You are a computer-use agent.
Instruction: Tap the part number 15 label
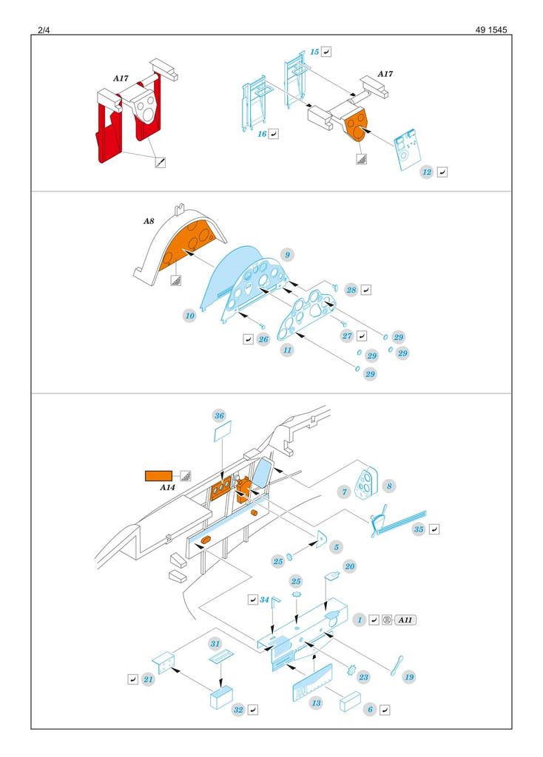coord(314,52)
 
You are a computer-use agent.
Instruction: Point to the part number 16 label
coord(262,134)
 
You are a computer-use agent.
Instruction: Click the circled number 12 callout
coord(426,172)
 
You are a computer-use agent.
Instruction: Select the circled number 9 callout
coord(288,254)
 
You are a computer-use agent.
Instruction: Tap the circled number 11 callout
coord(286,350)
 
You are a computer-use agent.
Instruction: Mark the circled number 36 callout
coord(219,415)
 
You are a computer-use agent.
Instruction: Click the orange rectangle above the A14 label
coord(158,475)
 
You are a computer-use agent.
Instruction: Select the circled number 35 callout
coord(419,529)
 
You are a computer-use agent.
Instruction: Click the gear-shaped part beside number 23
coord(351,671)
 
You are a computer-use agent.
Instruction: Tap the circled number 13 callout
coord(317,702)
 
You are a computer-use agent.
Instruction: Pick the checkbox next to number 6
coord(385,709)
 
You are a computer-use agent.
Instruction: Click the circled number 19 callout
coord(409,676)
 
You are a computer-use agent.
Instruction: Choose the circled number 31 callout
coord(215,643)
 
